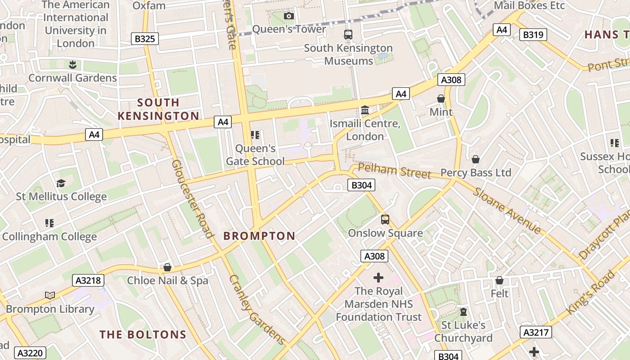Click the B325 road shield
(x=145, y=39)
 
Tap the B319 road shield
(x=533, y=35)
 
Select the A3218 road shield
(x=88, y=281)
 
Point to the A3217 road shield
(x=535, y=333)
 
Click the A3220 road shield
(x=30, y=353)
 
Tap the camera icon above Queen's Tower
(x=289, y=16)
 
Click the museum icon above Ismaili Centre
(x=365, y=110)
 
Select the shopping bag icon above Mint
(x=441, y=99)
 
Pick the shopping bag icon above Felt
(x=499, y=281)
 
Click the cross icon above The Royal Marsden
(x=378, y=278)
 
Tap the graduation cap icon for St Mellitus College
(x=61, y=183)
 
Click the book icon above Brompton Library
(x=50, y=295)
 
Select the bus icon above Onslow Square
(x=385, y=220)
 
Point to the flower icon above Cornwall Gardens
(x=72, y=64)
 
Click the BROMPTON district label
(x=259, y=236)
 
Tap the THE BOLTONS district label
(x=143, y=334)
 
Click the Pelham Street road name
(x=395, y=171)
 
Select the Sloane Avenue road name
(x=507, y=211)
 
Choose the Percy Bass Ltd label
(x=476, y=173)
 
